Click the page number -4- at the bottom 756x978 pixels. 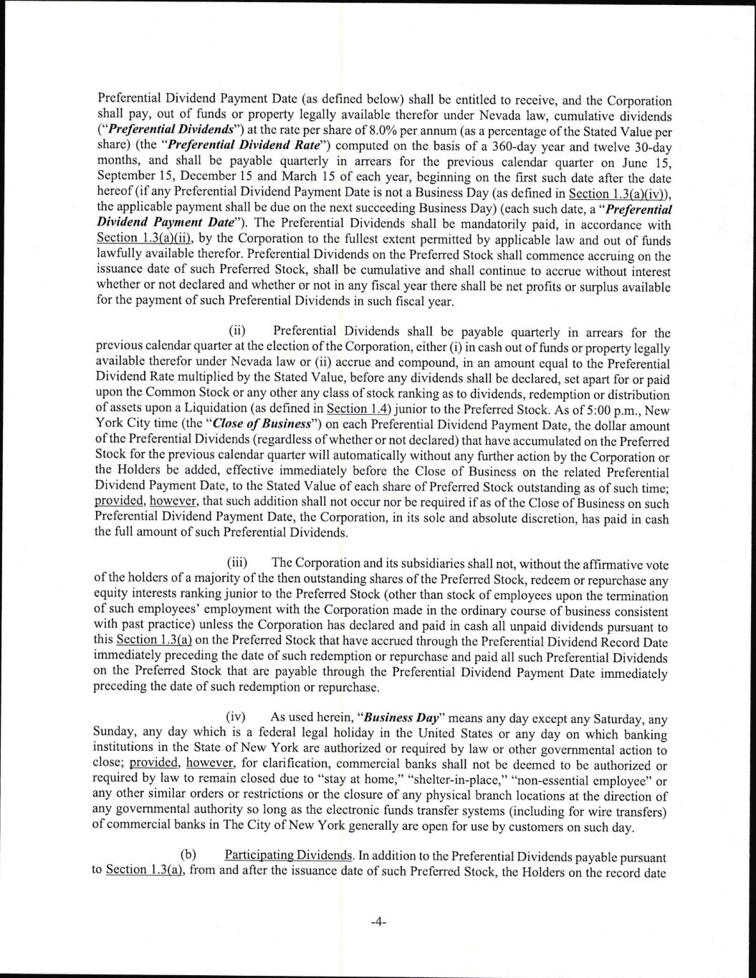coord(378,922)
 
